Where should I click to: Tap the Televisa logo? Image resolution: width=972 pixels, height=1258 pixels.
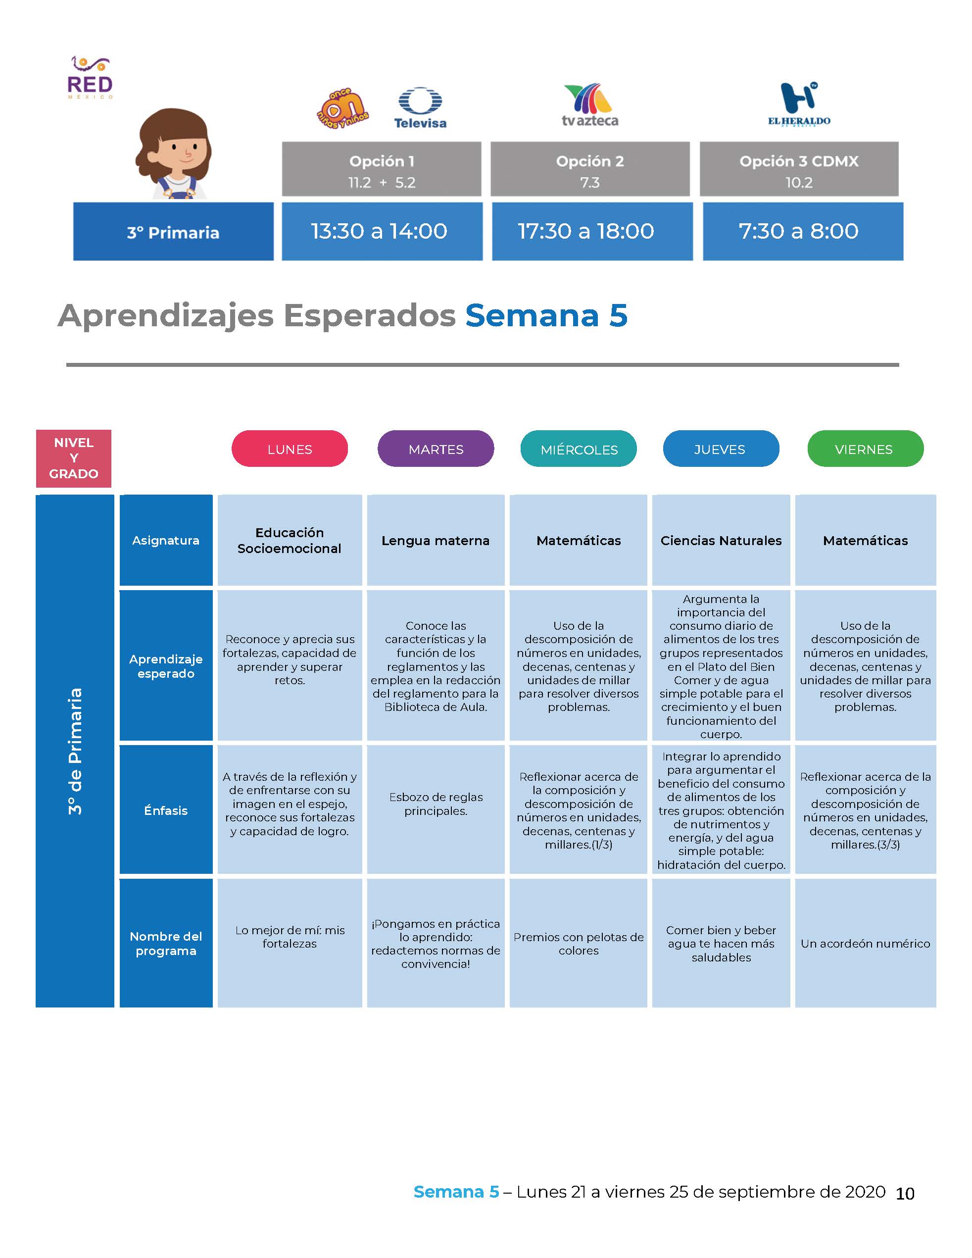click(420, 108)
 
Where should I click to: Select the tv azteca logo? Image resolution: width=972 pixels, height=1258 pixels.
click(589, 105)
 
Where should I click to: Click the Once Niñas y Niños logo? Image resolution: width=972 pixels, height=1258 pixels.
click(342, 108)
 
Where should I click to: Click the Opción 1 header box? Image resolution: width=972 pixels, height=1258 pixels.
click(381, 169)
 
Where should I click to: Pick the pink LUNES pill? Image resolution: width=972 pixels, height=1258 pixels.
click(290, 449)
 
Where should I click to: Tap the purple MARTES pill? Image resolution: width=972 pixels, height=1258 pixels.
click(436, 449)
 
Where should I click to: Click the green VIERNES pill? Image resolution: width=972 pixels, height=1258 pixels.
click(866, 449)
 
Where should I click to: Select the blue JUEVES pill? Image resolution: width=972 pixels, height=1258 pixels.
click(721, 449)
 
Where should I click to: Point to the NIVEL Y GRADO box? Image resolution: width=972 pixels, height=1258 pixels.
click(74, 458)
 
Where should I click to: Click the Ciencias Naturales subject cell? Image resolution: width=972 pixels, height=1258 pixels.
click(721, 540)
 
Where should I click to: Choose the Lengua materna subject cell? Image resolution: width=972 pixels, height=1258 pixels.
click(436, 540)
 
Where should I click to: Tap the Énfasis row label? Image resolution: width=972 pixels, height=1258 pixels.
click(166, 810)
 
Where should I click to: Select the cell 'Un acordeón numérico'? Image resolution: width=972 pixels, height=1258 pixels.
click(866, 944)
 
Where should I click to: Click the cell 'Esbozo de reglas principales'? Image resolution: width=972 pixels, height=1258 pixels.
click(436, 804)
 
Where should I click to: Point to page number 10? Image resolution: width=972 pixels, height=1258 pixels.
click(905, 1194)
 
